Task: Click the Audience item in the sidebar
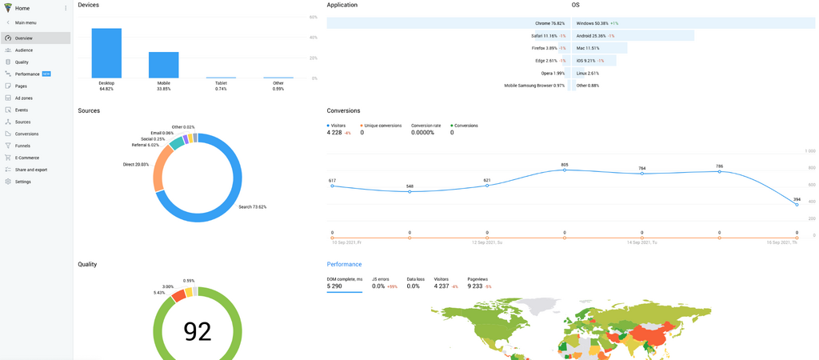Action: click(24, 50)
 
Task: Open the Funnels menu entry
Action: click(22, 146)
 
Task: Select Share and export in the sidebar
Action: click(30, 170)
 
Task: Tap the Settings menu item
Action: click(22, 182)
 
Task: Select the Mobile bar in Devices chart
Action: click(163, 65)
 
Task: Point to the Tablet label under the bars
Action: click(221, 82)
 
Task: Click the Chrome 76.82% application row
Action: click(549, 23)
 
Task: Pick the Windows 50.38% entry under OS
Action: click(593, 23)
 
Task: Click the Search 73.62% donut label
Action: click(252, 207)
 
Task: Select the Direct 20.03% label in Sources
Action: click(135, 164)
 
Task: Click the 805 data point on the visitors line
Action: click(565, 170)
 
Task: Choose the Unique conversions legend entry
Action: click(382, 126)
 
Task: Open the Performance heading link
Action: click(344, 264)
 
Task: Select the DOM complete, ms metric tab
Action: click(344, 278)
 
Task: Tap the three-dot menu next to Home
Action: click(66, 8)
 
